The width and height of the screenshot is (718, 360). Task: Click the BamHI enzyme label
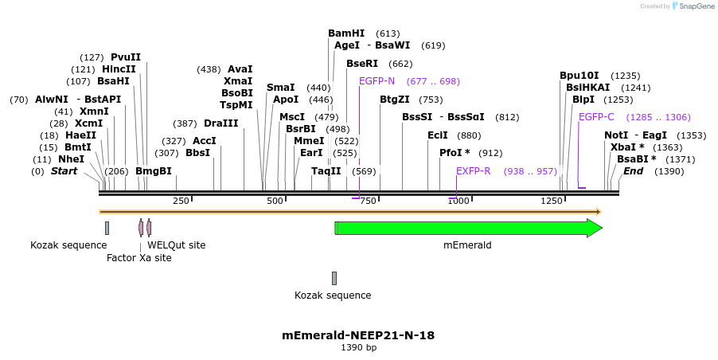point(346,33)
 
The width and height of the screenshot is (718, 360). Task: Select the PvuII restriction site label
point(126,57)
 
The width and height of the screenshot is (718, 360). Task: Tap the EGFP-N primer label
point(377,81)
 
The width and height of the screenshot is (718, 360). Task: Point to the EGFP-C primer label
point(596,117)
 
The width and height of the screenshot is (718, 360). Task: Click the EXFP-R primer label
point(473,171)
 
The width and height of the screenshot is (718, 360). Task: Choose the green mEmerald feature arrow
point(469,229)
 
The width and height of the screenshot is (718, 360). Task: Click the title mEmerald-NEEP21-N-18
point(358,335)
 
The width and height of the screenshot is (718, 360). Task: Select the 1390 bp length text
point(358,348)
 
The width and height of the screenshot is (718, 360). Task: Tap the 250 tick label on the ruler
point(181,201)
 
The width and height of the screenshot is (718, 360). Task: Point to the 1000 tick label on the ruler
point(458,201)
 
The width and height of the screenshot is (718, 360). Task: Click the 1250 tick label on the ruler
point(552,201)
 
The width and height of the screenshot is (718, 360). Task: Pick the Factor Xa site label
point(139,258)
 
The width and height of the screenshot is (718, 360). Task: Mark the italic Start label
point(66,171)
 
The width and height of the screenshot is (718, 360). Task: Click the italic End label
point(633,171)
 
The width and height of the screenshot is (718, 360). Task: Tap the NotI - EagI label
point(635,135)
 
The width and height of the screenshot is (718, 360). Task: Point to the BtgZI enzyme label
point(395,100)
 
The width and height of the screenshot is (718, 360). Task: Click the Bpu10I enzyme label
point(579,76)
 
